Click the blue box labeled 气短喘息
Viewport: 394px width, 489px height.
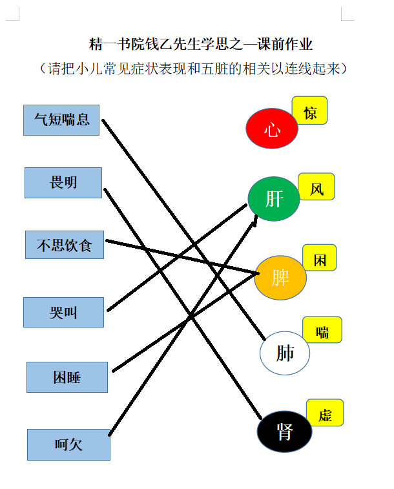coord(61,120)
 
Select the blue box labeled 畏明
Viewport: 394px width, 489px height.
coord(63,183)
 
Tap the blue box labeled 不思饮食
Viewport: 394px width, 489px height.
coord(65,245)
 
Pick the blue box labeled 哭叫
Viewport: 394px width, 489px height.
coord(63,312)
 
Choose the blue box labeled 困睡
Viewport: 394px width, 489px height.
coord(67,377)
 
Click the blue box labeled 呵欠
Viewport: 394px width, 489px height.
coord(68,444)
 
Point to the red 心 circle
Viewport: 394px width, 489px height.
coord(272,128)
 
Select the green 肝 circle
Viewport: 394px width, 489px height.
coord(274,199)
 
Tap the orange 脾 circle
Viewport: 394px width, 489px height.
coord(280,278)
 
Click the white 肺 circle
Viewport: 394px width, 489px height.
coord(285,353)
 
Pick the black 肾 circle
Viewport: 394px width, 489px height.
coord(285,432)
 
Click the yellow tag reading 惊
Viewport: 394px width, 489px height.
coord(309,110)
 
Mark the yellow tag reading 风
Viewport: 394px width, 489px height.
coord(316,187)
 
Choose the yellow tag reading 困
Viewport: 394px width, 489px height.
coord(320,258)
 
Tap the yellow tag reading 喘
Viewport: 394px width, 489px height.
coord(322,329)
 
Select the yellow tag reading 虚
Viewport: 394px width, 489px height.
coord(325,413)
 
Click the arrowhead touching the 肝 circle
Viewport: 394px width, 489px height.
coord(254,220)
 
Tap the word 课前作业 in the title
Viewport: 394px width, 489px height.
coord(285,45)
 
